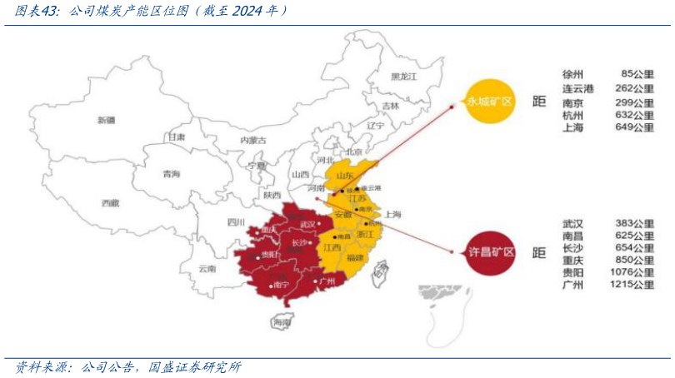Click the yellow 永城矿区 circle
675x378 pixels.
488,101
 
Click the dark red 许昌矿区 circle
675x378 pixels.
488,251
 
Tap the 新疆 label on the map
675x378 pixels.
106,120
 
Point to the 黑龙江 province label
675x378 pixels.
403,77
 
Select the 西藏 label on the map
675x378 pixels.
110,202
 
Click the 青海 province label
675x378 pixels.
171,174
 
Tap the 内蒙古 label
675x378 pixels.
252,140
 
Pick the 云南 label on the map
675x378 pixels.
207,269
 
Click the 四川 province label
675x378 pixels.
236,222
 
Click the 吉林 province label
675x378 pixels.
390,106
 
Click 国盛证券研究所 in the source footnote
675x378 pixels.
194,366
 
